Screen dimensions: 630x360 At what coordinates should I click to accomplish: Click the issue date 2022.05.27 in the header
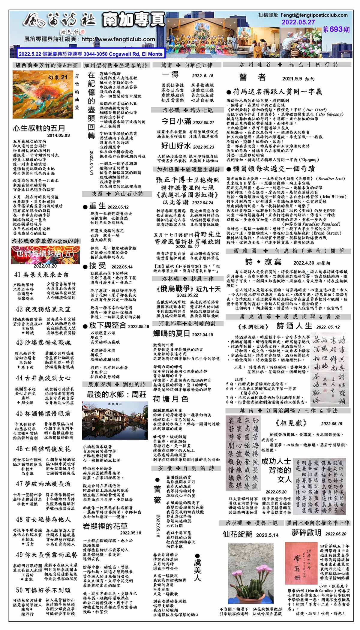click(x=298, y=22)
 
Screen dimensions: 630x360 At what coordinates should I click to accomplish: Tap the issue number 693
click(x=336, y=29)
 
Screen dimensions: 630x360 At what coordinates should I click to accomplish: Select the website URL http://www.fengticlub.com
click(x=118, y=39)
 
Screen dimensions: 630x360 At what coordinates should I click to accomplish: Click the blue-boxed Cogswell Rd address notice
click(x=91, y=54)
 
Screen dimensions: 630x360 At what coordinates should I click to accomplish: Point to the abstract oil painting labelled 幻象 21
click(x=42, y=94)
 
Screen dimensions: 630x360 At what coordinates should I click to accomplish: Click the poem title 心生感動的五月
click(x=39, y=128)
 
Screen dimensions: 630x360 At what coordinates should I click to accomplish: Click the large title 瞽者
click(x=252, y=77)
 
